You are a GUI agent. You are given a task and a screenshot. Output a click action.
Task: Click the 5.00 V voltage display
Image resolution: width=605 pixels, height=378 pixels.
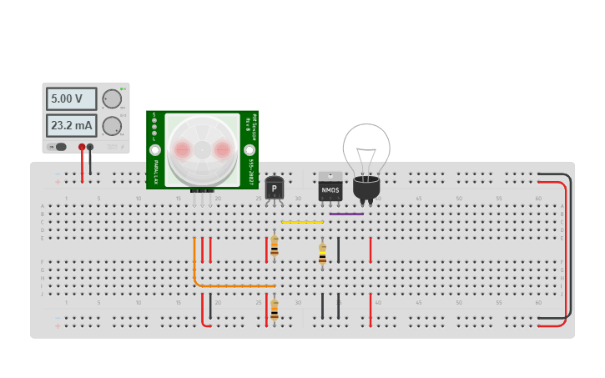(x=71, y=98)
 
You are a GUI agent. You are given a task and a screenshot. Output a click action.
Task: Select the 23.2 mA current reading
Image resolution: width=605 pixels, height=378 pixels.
(x=71, y=126)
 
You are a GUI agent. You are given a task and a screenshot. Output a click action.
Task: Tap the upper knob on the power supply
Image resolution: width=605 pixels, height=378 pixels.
(x=111, y=99)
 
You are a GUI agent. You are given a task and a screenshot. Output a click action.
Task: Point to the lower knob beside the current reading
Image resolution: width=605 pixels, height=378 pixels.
(x=111, y=127)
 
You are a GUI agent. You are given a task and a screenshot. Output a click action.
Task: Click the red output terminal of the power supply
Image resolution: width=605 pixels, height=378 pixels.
(x=82, y=147)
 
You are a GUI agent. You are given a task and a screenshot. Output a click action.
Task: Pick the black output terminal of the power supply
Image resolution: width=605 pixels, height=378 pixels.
(x=90, y=147)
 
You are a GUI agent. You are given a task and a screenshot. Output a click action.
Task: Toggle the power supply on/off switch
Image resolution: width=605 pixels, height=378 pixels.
(x=59, y=147)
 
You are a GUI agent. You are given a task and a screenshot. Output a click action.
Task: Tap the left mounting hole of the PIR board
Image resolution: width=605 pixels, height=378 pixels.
(x=155, y=150)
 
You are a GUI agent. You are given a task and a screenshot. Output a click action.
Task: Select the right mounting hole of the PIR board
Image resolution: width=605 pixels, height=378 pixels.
(x=250, y=150)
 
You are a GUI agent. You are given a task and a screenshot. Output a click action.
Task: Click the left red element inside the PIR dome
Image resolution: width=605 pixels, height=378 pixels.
(x=182, y=149)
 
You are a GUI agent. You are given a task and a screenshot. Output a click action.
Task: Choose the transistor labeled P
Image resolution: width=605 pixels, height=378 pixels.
(x=274, y=189)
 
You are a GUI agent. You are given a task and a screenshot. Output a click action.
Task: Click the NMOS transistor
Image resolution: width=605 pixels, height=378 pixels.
(x=330, y=188)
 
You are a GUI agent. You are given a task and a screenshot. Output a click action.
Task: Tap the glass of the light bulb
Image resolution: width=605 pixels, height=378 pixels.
(x=366, y=150)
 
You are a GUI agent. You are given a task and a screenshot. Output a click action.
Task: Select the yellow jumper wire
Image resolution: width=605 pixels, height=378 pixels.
(x=302, y=222)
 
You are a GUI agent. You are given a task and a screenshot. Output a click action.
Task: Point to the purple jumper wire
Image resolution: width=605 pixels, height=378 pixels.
(x=346, y=214)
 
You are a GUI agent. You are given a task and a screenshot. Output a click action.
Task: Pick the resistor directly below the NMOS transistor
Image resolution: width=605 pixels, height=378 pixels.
(x=322, y=254)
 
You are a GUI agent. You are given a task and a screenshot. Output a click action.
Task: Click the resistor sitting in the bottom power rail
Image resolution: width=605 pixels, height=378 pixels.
(x=274, y=310)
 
